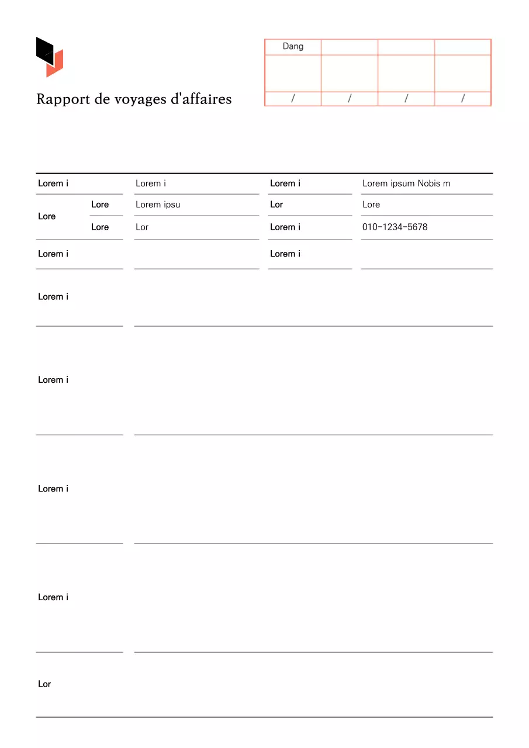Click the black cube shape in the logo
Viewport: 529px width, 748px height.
click(x=44, y=50)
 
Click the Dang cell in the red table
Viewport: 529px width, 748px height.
click(x=293, y=46)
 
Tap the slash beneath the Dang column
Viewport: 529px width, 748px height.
click(x=293, y=99)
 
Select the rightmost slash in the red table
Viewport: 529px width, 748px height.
click(x=462, y=99)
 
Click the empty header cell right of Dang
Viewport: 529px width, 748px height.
click(x=350, y=47)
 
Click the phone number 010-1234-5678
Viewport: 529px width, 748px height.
click(x=395, y=227)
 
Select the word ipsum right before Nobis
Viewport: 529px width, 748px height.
click(x=402, y=183)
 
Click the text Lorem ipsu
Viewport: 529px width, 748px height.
click(x=158, y=205)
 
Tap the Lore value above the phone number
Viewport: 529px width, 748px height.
click(x=371, y=205)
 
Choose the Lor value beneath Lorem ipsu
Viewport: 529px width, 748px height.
click(x=142, y=227)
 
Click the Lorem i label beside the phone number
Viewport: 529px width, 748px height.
click(x=285, y=227)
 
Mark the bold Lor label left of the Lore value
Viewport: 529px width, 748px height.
click(x=276, y=205)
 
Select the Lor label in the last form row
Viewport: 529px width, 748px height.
click(x=44, y=684)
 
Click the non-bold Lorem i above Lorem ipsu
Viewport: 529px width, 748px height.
click(x=151, y=183)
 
